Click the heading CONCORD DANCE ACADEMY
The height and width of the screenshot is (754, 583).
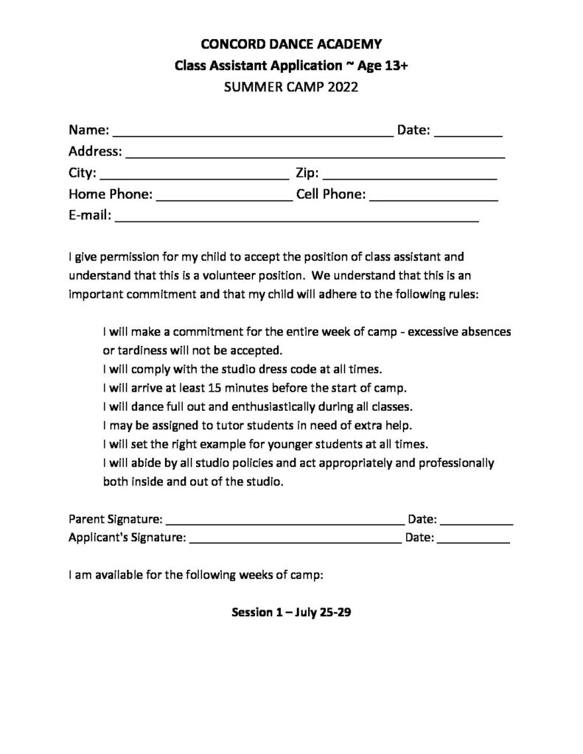[291, 44]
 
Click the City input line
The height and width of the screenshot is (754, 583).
[193, 176]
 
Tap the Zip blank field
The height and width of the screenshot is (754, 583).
[409, 176]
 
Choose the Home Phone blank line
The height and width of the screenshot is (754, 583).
[224, 197]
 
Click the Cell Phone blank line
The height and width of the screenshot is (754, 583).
[433, 197]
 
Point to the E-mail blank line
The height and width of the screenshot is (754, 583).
[296, 219]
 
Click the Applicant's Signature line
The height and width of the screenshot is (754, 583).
[295, 540]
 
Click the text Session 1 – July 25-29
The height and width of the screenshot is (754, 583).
[290, 612]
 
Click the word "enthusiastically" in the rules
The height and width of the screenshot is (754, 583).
[237, 406]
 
